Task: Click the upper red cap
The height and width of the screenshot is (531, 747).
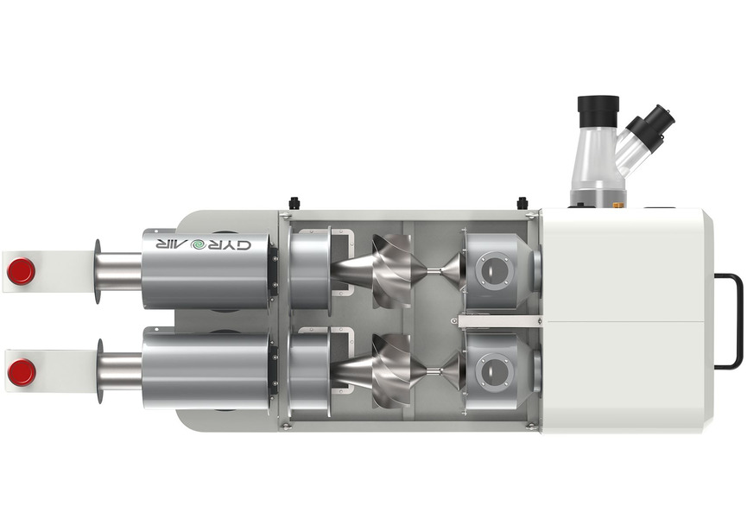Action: [x=22, y=271]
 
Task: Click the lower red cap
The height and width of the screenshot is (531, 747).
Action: [x=22, y=372]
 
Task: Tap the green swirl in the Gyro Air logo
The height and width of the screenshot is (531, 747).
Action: [x=197, y=245]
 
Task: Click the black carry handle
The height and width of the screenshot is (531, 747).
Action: [x=730, y=321]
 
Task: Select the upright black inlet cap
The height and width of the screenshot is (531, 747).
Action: [x=598, y=111]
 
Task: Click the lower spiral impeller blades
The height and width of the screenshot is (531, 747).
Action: [x=393, y=371]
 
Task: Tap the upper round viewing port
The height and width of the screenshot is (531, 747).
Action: [x=494, y=271]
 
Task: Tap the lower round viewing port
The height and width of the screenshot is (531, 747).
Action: [x=494, y=371]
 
